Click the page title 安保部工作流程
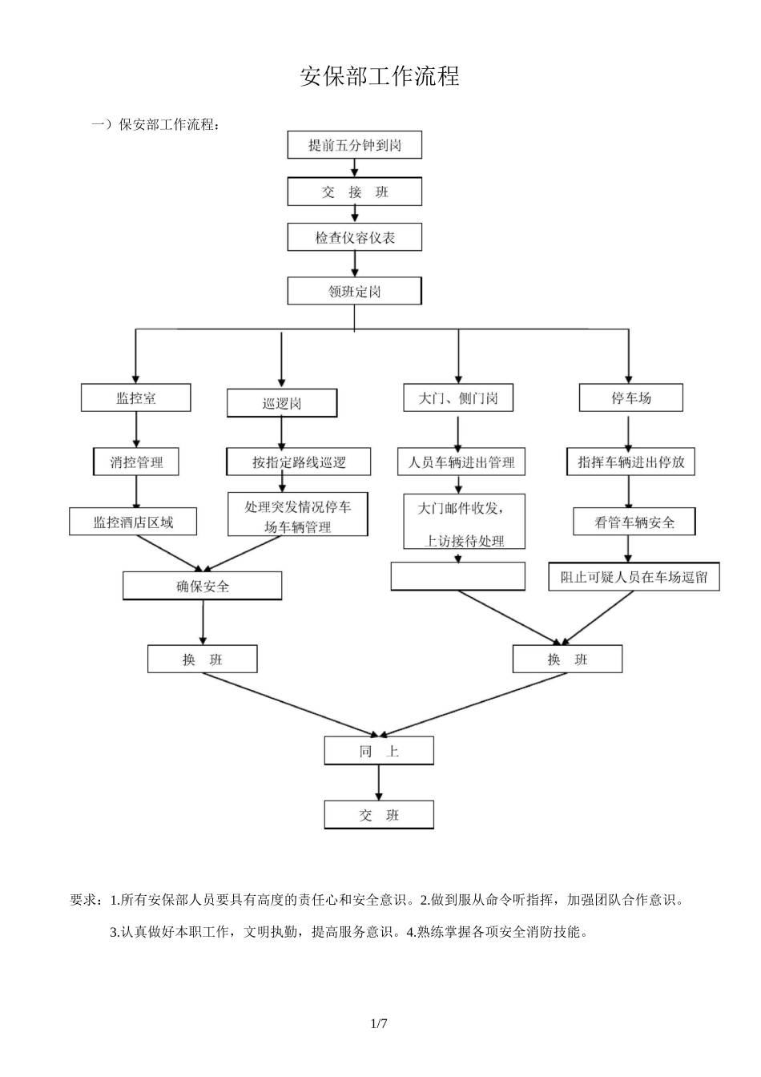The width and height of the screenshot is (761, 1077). point(380,77)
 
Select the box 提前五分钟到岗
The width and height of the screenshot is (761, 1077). point(354,145)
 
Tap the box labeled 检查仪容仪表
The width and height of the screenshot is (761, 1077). point(354,237)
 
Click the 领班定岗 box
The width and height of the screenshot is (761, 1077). point(354,291)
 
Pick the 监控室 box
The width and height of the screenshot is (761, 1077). point(135,398)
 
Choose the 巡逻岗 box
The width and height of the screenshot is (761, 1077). point(281,403)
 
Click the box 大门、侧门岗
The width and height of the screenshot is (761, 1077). point(458,398)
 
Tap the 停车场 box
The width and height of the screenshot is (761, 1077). point(630,398)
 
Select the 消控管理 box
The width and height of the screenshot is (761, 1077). point(136,462)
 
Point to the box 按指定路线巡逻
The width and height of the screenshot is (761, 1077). point(298,462)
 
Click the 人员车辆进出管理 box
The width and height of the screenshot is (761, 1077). point(461,462)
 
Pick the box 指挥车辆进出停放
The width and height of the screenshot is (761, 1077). point(630,462)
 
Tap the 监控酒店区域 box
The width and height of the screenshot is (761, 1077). point(133,522)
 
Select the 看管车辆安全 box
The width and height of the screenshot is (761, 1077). point(634,522)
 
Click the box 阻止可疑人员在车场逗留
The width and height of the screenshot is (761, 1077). point(634,577)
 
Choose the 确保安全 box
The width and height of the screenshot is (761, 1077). point(202,586)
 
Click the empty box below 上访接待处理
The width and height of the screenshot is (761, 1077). point(458,576)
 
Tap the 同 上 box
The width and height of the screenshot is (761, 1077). point(379,751)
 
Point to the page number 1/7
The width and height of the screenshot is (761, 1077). point(379,1023)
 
